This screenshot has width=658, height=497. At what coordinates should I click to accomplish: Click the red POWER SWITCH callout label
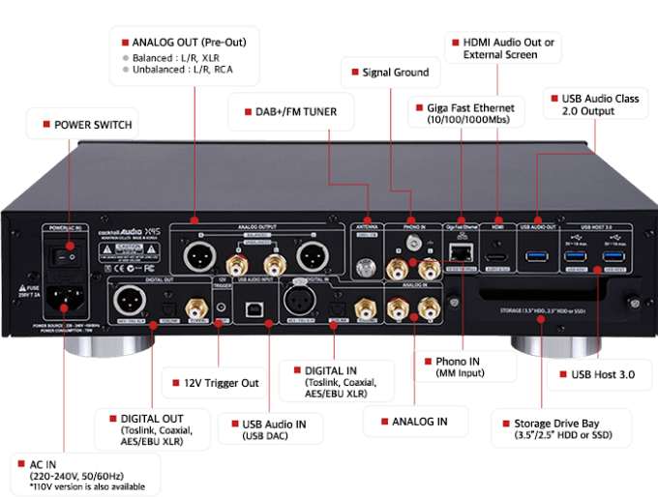coord(85,125)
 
